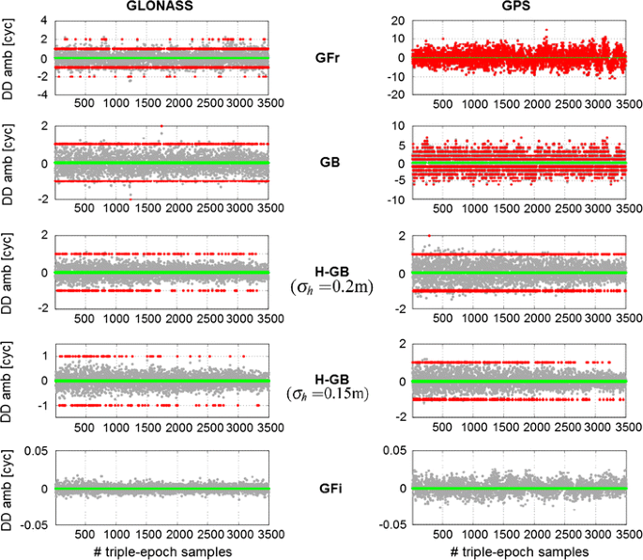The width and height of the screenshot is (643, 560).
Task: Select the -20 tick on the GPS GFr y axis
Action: click(x=395, y=95)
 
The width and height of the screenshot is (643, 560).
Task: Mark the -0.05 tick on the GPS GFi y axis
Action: click(x=390, y=528)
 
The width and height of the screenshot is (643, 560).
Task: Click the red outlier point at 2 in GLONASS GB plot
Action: click(x=161, y=126)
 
